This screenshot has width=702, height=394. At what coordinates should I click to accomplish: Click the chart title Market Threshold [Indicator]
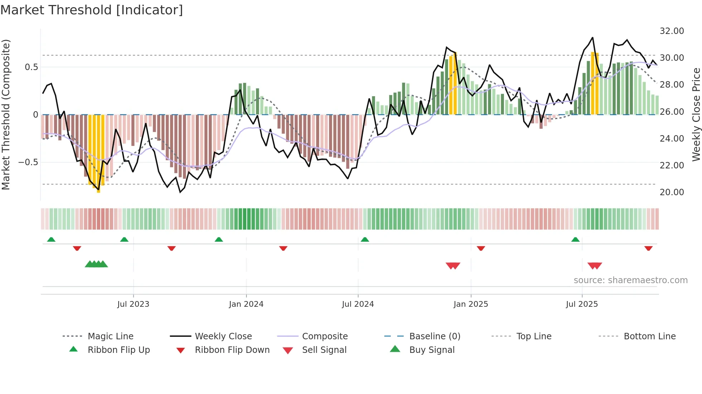click(x=92, y=10)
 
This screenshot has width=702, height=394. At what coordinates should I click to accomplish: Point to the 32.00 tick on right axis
click(x=672, y=31)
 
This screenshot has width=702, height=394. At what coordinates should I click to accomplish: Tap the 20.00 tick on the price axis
click(x=672, y=192)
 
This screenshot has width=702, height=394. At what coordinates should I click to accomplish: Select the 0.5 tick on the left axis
click(x=32, y=67)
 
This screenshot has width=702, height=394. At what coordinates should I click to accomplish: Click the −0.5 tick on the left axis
click(x=28, y=162)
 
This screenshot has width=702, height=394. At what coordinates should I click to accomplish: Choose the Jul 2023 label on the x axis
click(x=133, y=304)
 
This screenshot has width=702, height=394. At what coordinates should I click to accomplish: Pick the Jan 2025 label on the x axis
click(x=471, y=304)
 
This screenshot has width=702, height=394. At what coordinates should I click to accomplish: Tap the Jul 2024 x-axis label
click(x=358, y=304)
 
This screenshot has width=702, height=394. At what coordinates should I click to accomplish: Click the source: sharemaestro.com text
click(x=630, y=280)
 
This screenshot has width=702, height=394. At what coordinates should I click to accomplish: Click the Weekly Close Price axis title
click(x=696, y=114)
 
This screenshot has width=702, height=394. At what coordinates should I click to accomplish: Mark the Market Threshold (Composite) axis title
click(x=6, y=114)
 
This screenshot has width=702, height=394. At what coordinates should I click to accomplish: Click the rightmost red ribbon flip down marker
click(x=648, y=248)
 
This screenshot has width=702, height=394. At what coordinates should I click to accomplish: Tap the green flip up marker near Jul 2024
click(x=365, y=240)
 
